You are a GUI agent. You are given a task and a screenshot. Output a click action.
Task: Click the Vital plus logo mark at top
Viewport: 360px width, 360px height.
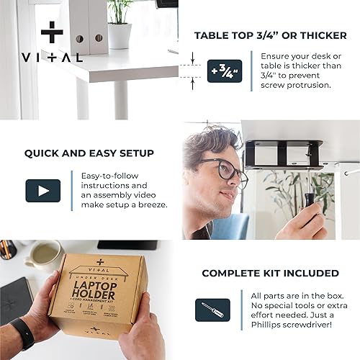[51, 32]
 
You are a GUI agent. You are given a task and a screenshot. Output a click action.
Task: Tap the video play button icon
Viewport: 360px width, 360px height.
[42, 191]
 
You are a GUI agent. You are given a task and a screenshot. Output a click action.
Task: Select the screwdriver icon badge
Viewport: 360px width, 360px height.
[212, 310]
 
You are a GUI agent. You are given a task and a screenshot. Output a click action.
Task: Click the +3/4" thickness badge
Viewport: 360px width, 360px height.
[224, 71]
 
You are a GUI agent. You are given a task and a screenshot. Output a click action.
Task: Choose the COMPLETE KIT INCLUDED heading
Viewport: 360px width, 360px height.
[270, 273]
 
